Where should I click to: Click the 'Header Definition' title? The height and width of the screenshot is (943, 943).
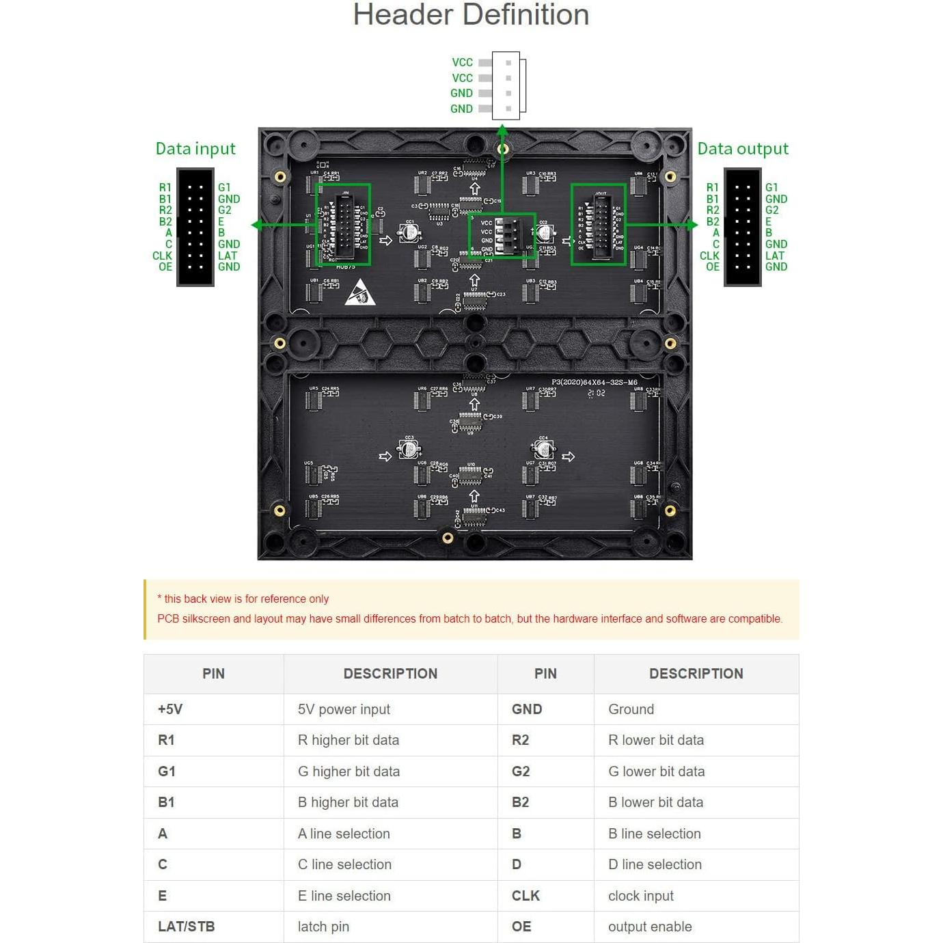tap(471, 15)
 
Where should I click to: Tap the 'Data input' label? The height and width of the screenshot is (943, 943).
tap(195, 149)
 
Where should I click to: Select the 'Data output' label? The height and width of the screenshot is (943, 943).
tap(743, 149)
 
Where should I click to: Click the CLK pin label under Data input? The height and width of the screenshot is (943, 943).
tap(162, 256)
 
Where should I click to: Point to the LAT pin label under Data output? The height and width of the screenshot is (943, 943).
tap(775, 256)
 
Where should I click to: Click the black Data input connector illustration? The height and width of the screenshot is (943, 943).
tap(195, 227)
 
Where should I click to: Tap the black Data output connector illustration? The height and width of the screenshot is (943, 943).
tap(743, 227)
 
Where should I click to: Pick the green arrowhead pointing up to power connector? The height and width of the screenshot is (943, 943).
tap(502, 129)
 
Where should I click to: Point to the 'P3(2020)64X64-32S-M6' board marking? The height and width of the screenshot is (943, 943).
tap(594, 383)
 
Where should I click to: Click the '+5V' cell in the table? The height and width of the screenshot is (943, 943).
tap(170, 709)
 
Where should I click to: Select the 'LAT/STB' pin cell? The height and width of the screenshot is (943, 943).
tap(186, 927)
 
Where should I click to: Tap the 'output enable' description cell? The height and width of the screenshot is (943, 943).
tap(650, 927)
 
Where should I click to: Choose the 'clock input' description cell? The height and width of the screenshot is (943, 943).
tap(640, 896)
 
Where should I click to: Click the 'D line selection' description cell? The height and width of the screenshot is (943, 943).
tap(655, 864)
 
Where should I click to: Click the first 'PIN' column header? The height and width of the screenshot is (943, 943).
tap(213, 674)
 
